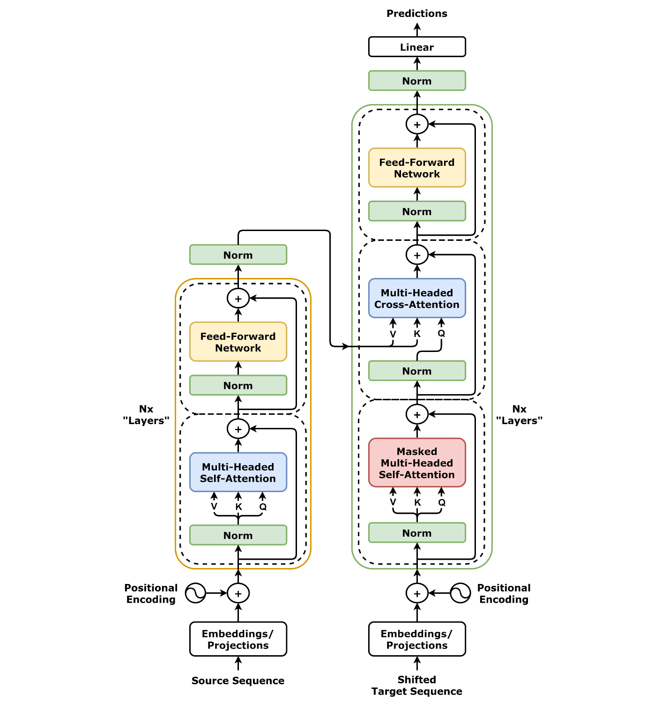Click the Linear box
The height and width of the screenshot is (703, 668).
[x=417, y=47]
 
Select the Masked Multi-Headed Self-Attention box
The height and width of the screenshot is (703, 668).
[x=417, y=463]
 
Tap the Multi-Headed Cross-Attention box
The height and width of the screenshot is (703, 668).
[x=417, y=299]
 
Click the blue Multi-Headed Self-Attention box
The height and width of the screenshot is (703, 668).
[x=238, y=472]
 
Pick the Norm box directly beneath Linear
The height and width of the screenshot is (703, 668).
[x=417, y=81]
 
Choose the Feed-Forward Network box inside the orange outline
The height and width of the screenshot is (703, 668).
[x=238, y=342]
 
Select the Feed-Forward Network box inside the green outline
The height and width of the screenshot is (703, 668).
[x=417, y=168]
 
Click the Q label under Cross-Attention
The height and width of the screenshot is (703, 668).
[x=441, y=333]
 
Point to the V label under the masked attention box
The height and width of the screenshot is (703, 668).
[x=393, y=502]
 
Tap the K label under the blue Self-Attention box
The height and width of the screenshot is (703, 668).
[x=239, y=507]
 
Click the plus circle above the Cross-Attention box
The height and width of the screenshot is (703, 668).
[x=417, y=255]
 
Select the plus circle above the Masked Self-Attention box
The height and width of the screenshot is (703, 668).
[x=417, y=414]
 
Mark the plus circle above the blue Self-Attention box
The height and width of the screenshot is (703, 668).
[x=238, y=429]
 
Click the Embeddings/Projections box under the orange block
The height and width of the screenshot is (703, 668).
[x=238, y=639]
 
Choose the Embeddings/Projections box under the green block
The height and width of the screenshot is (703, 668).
[x=417, y=639]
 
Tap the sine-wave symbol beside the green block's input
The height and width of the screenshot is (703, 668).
[x=460, y=593]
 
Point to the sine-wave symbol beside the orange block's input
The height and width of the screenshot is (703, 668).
[x=195, y=593]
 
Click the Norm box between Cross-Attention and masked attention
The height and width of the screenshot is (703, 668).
[x=417, y=371]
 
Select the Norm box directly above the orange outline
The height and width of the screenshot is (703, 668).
[x=238, y=255]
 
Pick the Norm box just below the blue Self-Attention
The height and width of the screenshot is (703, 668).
[x=238, y=535]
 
